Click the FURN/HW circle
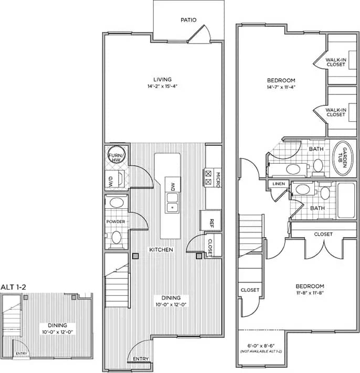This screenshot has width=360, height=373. [115, 156]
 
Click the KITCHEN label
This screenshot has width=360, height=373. [161, 250]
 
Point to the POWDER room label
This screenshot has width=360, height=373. [115, 222]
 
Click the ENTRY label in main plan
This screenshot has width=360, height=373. [140, 359]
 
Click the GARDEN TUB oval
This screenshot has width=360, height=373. [341, 158]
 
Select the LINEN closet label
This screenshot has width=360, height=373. [278, 184]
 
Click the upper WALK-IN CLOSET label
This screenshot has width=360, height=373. [335, 62]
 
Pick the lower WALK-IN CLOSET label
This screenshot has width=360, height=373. [335, 112]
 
